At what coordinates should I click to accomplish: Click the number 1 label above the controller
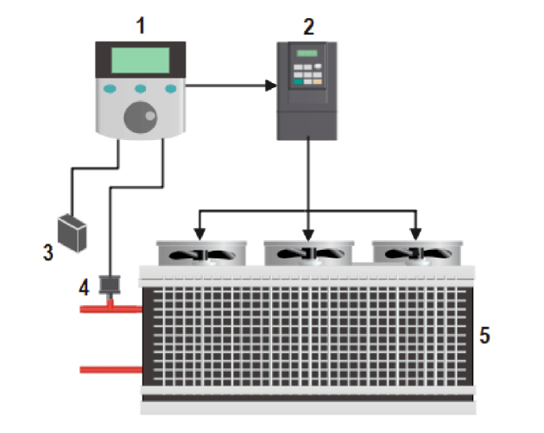pyautogui.click(x=141, y=23)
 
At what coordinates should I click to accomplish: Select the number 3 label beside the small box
pyautogui.click(x=47, y=252)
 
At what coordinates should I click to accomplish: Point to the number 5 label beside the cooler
pyautogui.click(x=485, y=334)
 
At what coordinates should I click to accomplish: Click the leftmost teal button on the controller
pyautogui.click(x=110, y=89)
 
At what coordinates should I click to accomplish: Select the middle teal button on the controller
pyautogui.click(x=141, y=89)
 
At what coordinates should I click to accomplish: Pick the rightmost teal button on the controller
pyautogui.click(x=171, y=89)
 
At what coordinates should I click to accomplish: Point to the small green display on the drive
pyautogui.click(x=307, y=54)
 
